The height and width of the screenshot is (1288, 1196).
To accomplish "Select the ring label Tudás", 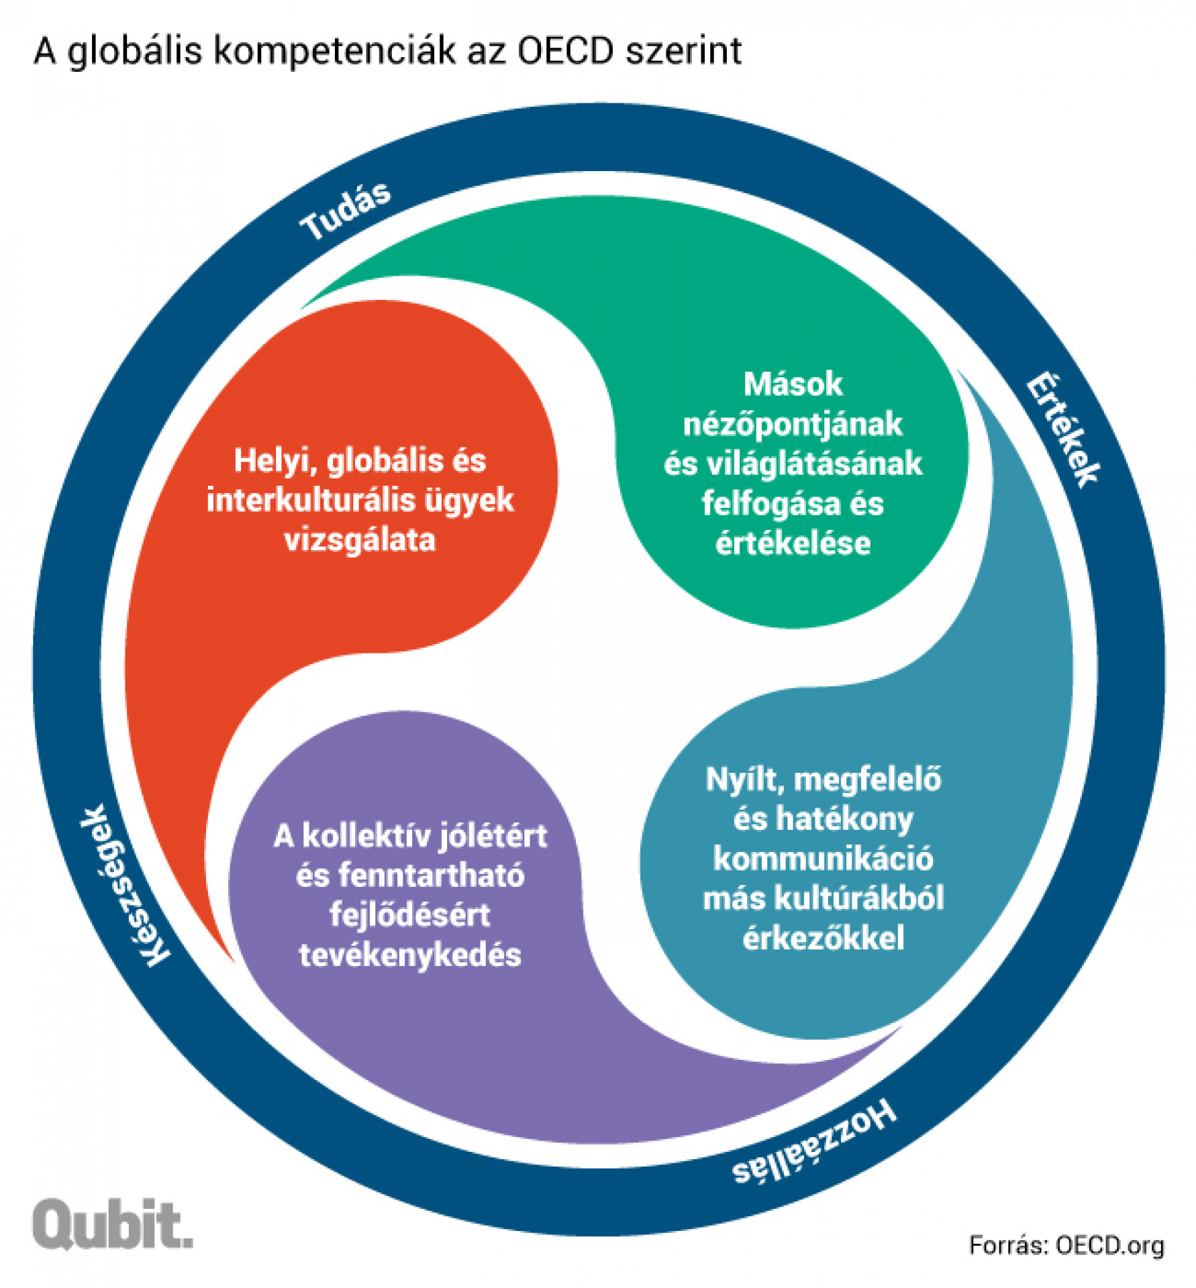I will tap(345, 210).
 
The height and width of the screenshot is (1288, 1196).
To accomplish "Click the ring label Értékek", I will tap(1062, 429).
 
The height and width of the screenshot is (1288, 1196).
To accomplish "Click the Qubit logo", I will tap(112, 1224).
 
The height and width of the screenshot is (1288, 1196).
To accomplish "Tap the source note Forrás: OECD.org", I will tap(1066, 1245).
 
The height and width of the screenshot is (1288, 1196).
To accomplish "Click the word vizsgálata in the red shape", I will tap(360, 540).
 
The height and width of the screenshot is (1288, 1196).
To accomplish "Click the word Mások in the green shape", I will tap(793, 384).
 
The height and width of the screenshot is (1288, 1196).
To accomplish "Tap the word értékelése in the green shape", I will tap(793, 543).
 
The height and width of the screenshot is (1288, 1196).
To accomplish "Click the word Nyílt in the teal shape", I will tap(744, 780).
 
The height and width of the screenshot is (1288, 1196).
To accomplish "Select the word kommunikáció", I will tap(823, 859).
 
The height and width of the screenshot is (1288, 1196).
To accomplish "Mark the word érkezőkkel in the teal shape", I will tap(823, 938).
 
